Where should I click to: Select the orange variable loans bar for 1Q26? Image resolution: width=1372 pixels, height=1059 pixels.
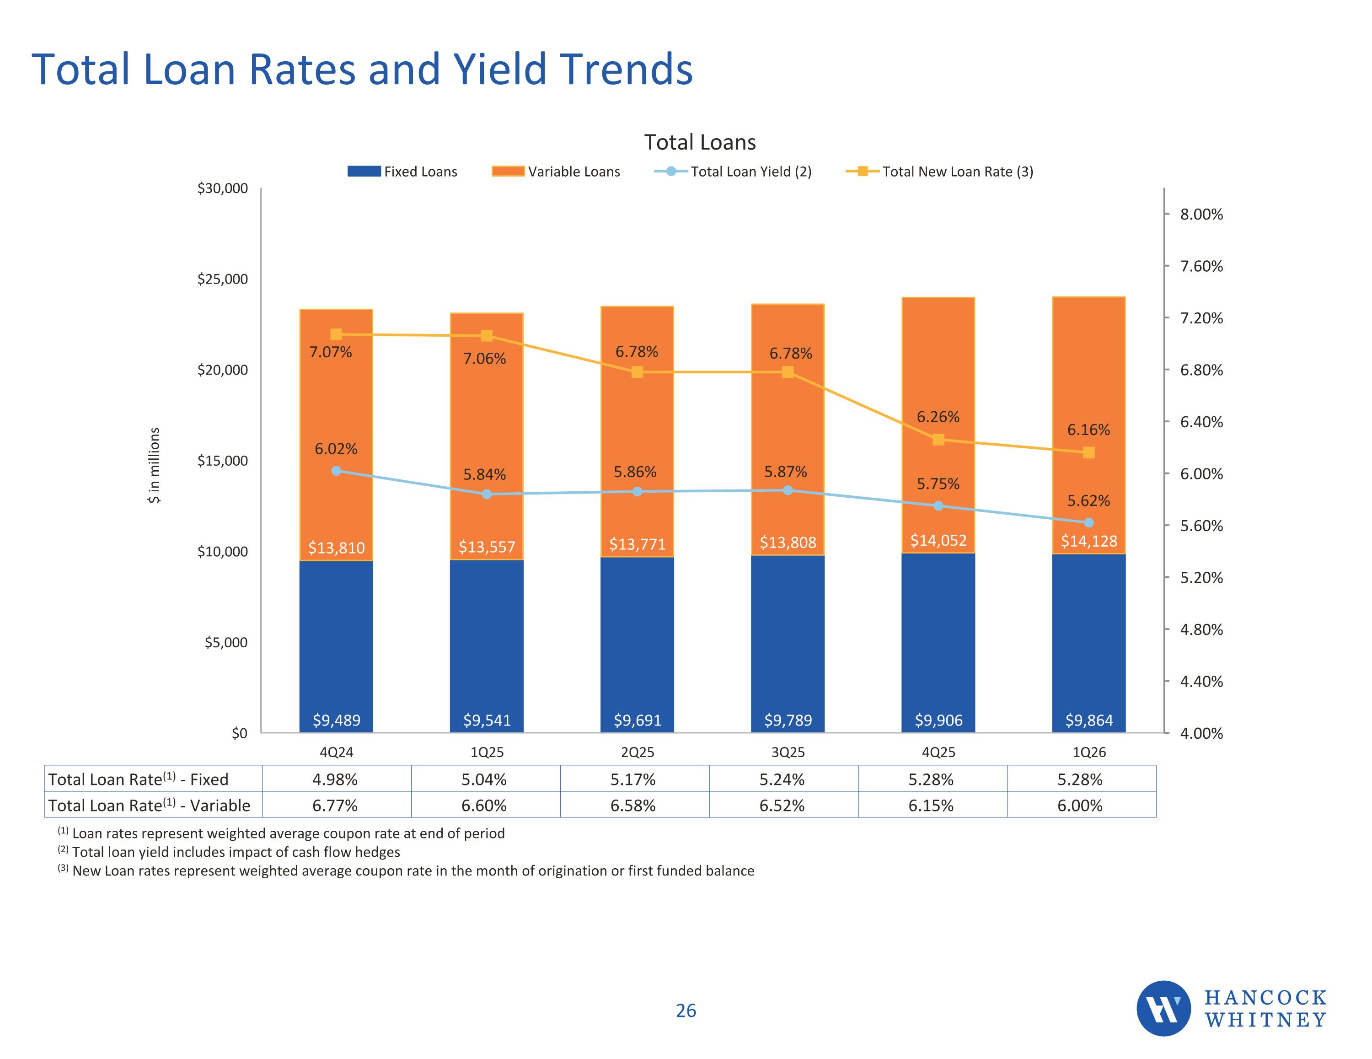[x=1088, y=425]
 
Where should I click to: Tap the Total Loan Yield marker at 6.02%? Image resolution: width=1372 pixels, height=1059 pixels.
[x=336, y=471]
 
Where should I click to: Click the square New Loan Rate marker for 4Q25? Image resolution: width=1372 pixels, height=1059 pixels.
[x=938, y=439]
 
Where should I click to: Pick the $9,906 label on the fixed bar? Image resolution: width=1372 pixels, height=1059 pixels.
[x=938, y=720]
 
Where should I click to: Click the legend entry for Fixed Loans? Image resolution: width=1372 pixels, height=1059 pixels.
[x=402, y=172]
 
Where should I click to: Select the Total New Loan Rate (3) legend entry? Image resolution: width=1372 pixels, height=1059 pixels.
[x=939, y=172]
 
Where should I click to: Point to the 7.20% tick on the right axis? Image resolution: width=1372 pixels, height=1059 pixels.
[x=1201, y=318]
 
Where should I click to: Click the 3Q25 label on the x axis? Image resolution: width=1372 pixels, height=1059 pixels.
[x=788, y=753]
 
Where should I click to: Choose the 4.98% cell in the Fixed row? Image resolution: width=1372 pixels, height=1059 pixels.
[x=336, y=779]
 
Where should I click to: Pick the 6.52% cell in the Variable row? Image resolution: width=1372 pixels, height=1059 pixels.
[x=782, y=805]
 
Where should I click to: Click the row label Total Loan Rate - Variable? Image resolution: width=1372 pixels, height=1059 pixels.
[x=149, y=805]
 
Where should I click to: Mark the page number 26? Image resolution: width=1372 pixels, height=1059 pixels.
[x=686, y=1011]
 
